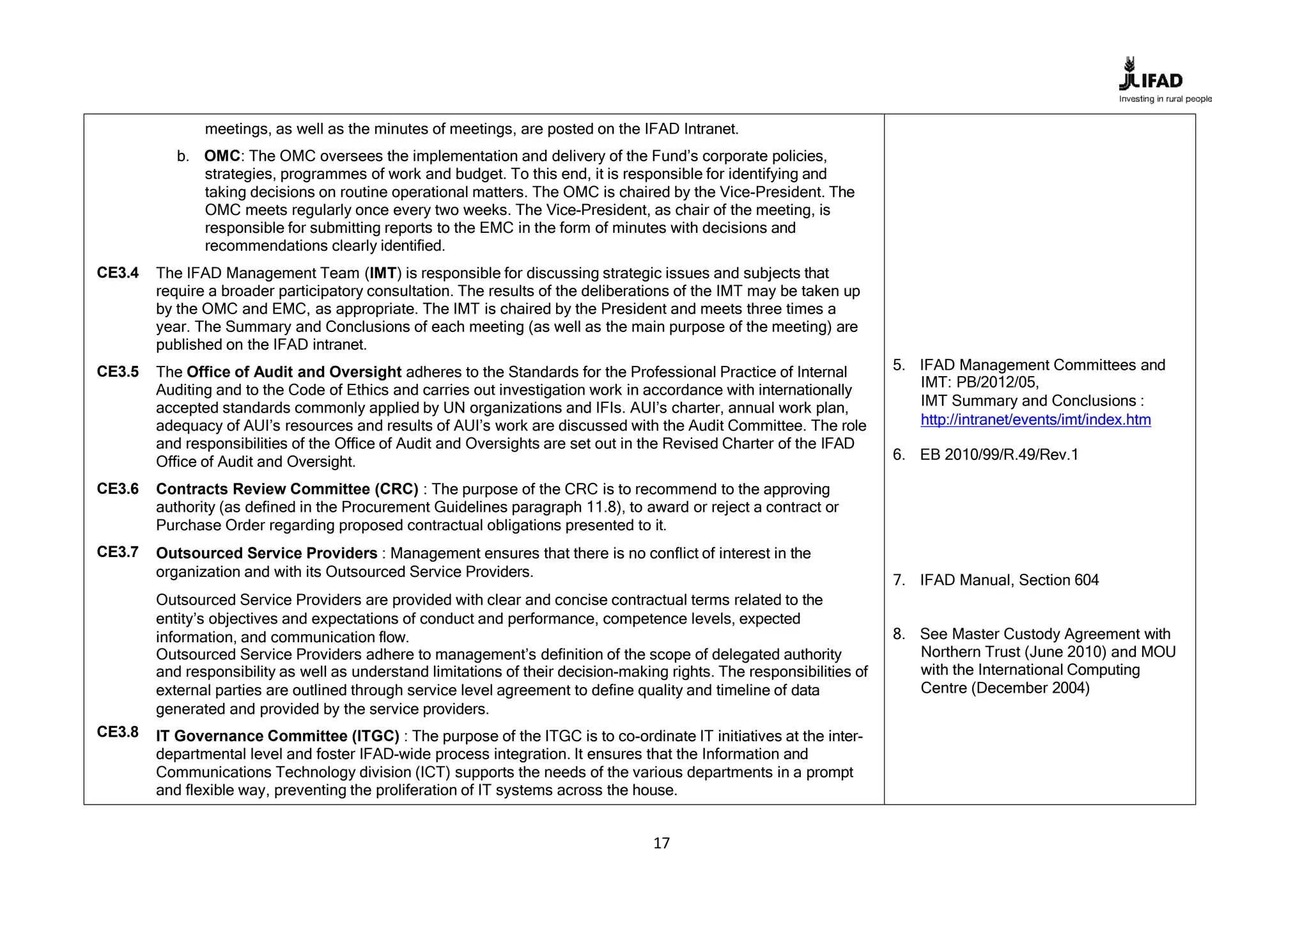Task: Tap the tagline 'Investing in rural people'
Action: click(1165, 99)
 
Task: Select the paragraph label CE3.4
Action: click(118, 273)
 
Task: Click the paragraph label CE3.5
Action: click(118, 372)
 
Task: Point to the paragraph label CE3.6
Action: click(118, 489)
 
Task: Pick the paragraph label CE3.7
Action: click(118, 552)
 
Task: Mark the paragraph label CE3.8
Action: click(118, 732)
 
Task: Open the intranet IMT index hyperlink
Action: click(1035, 420)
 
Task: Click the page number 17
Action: click(662, 843)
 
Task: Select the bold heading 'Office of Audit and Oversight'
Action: click(294, 372)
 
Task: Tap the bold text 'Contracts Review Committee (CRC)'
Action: click(287, 489)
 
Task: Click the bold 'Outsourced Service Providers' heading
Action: click(267, 553)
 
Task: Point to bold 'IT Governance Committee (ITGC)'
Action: click(277, 737)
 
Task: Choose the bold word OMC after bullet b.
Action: click(222, 157)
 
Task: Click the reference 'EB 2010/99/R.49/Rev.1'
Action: click(998, 455)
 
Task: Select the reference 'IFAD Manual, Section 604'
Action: click(1009, 580)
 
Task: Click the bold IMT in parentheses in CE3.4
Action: click(383, 274)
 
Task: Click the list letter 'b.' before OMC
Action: click(183, 157)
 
